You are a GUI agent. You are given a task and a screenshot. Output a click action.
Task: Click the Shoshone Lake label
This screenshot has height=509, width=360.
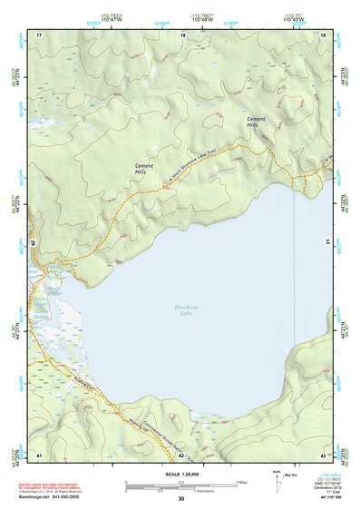[x=186, y=311]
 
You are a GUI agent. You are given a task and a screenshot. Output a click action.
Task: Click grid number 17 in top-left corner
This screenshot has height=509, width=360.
[x=39, y=34]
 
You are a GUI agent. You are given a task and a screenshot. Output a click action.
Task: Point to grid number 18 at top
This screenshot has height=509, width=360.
[x=183, y=34]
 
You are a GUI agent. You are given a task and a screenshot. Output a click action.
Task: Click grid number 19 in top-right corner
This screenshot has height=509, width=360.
[x=324, y=34]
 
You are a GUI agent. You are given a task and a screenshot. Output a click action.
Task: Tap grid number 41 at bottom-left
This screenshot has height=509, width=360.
[x=39, y=455]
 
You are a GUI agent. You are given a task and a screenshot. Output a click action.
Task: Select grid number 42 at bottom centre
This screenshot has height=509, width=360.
[x=181, y=455]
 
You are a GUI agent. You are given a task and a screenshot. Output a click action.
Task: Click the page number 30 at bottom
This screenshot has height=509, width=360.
[x=181, y=500]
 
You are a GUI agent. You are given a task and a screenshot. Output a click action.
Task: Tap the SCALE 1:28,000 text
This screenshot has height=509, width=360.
[x=181, y=473]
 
